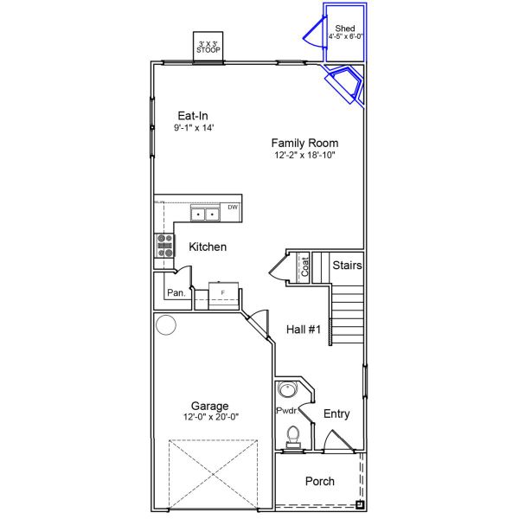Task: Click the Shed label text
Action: coord(345,29)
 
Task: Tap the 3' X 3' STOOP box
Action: coord(208,47)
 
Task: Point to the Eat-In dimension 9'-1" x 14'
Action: coord(194,128)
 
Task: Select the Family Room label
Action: coord(304,143)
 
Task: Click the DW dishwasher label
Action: coord(233,208)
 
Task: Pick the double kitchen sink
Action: coord(205,214)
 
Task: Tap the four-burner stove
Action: coord(164,246)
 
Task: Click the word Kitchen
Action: coord(208,247)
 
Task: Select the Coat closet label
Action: coord(304,266)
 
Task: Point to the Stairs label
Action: coord(347,266)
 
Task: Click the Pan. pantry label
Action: coord(176,293)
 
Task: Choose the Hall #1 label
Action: coord(304,330)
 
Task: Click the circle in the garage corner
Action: coord(166,324)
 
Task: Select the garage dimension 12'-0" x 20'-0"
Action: coord(211,417)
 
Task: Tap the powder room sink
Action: coord(286,389)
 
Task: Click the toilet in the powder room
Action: coord(293,437)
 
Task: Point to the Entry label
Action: coord(336,414)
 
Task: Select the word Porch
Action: coord(320,481)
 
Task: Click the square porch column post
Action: coord(360,505)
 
